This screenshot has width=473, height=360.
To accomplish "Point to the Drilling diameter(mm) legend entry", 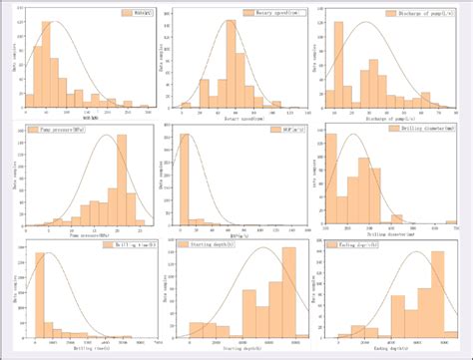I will coord(421,131).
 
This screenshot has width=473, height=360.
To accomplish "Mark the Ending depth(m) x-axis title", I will coord(391,348).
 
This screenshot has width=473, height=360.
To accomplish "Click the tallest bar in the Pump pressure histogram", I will coord(125,180).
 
